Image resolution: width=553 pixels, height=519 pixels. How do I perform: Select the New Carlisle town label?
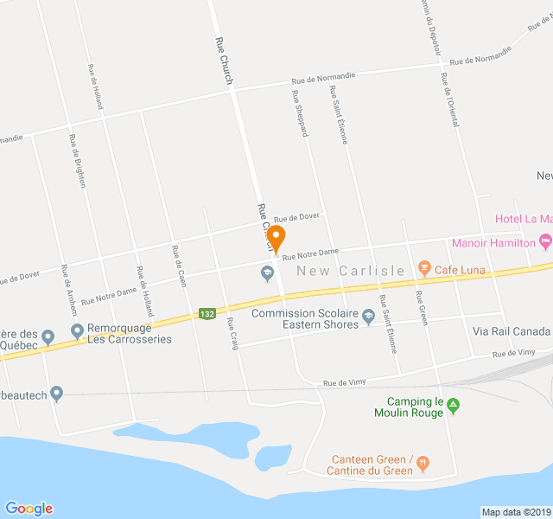tap(350, 271)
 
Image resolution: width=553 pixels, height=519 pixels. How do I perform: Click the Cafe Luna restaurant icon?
tap(423, 269)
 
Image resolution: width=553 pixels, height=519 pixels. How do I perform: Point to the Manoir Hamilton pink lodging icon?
tap(544, 240)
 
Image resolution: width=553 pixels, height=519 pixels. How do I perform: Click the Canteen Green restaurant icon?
tap(423, 463)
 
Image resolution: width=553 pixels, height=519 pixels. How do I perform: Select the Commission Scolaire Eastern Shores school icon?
tap(369, 314)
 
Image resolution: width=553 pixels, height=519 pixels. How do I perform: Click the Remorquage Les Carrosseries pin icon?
tap(77, 330)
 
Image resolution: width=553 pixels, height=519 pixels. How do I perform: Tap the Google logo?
tap(29, 509)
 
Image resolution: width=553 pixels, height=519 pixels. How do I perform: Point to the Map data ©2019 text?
tap(516, 512)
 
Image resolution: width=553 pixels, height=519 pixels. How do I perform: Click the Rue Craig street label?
tap(231, 333)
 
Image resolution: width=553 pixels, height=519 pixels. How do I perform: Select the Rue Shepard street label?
tap(300, 113)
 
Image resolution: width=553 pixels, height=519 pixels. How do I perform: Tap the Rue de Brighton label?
tap(77, 161)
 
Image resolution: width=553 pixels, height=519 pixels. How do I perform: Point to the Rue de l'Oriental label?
tap(449, 99)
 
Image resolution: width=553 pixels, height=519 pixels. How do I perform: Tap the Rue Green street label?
tap(421, 306)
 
